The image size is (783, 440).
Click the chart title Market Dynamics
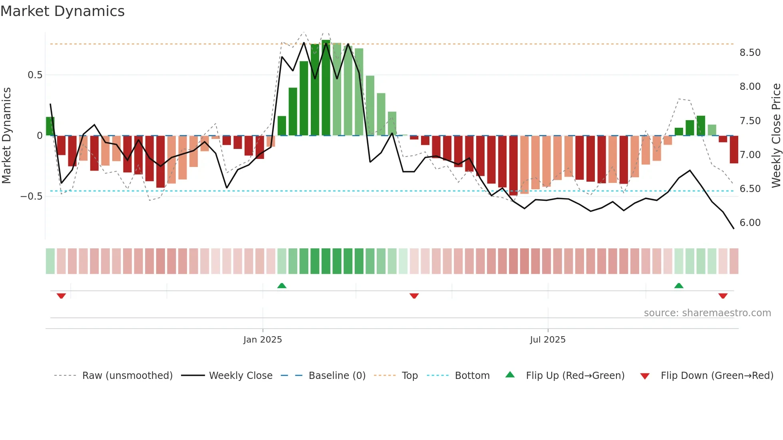pos(62,11)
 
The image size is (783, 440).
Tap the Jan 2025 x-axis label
pos(262,340)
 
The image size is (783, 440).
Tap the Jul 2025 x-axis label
pos(548,340)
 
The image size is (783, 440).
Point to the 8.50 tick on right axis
pos(750,53)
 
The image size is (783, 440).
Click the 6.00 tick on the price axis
pos(750,223)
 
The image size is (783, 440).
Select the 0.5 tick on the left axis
pos(35,75)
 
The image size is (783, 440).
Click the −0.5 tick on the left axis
pos(32,196)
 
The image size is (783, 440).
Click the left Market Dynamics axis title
pos(6,136)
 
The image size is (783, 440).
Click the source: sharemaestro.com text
pos(707,313)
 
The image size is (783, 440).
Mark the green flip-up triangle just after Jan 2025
pos(282,285)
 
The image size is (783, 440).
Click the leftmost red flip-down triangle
pos(61,296)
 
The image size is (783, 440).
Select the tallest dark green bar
pos(326,88)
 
